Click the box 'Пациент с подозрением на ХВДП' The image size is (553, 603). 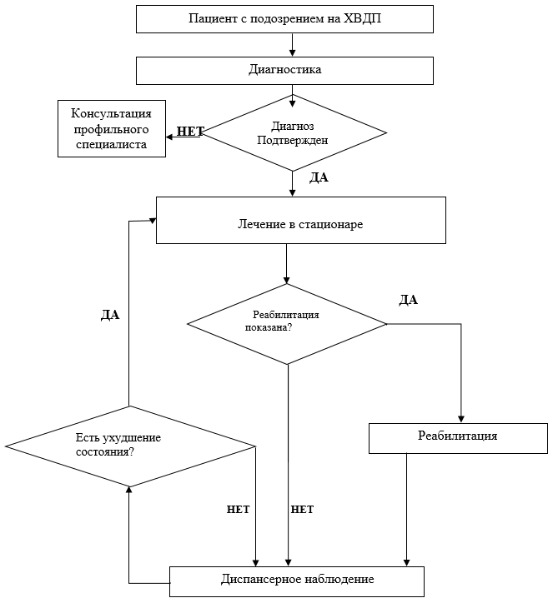[284, 19]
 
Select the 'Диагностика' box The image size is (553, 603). [284, 71]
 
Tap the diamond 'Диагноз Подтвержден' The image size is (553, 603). [293, 132]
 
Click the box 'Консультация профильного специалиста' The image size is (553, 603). [112, 129]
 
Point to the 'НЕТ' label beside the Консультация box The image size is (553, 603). [190, 131]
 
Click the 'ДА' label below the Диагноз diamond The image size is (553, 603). [319, 177]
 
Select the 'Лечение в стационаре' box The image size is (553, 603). [301, 221]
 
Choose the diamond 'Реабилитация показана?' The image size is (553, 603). [287, 324]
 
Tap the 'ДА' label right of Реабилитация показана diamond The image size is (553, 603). [408, 300]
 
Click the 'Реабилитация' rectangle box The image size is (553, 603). [458, 438]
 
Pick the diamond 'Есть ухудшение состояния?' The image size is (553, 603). [131, 446]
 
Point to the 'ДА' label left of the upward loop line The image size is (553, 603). [110, 315]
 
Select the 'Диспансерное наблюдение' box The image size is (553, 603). [297, 581]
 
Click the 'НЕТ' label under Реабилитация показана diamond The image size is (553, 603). [302, 510]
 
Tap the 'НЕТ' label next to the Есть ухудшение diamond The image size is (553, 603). [238, 510]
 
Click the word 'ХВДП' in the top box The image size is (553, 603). [362, 18]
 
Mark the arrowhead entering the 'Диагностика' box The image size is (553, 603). [292, 53]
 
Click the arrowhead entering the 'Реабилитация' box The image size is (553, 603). [461, 420]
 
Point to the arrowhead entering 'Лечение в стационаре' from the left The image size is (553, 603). [153, 221]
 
